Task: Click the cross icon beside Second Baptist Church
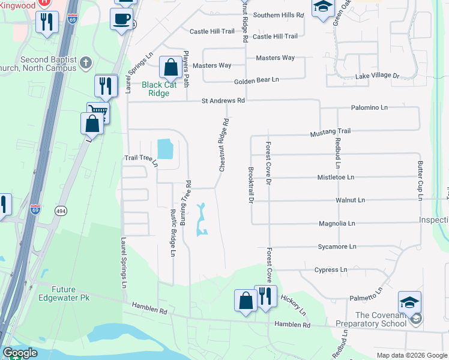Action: coord(86,62)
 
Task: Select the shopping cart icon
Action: coord(97,112)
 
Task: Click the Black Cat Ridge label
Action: coord(159,89)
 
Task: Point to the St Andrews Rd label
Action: coord(223,101)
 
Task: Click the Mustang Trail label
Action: coord(330,131)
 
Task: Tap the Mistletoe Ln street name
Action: coord(336,178)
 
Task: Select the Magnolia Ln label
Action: coord(337,223)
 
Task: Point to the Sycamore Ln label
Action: coord(336,247)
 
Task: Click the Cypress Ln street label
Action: coord(331,270)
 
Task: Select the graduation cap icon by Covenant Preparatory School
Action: coord(409,302)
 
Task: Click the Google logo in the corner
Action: coord(19,353)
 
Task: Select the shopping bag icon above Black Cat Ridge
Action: coord(170,67)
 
